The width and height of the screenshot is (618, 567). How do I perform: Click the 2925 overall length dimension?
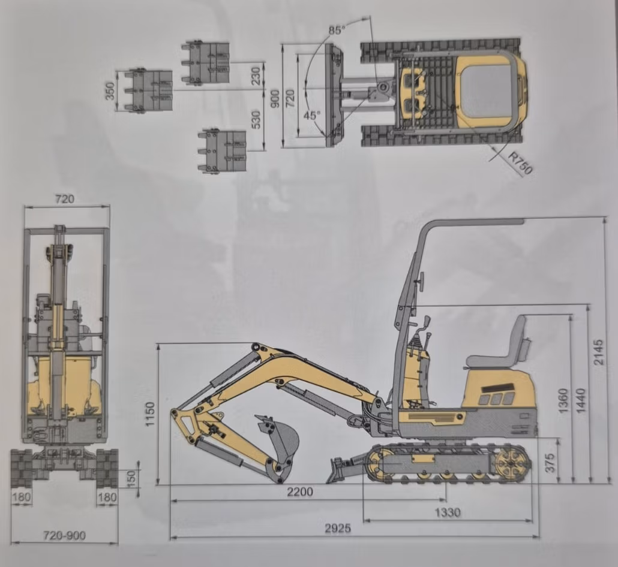[338, 528]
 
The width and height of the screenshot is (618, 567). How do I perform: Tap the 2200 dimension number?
[300, 491]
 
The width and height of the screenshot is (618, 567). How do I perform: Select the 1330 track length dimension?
[448, 512]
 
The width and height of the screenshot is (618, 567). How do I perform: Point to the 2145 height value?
[598, 352]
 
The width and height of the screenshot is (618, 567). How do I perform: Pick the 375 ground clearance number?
[551, 463]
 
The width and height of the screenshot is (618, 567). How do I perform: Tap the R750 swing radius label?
[520, 162]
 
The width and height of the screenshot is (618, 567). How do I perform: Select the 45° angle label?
[312, 115]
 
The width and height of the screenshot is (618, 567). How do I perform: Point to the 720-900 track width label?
[64, 535]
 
